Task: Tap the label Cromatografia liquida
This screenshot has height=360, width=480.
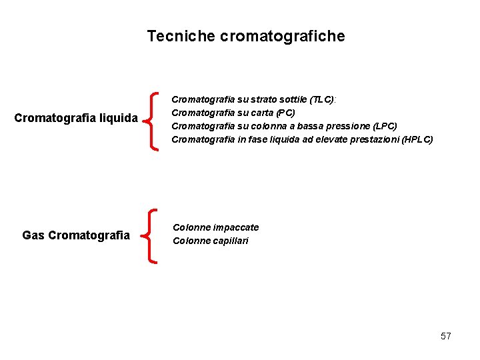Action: click(76, 119)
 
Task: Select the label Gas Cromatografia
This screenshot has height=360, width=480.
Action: click(76, 235)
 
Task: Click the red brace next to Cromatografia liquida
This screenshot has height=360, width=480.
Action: click(155, 121)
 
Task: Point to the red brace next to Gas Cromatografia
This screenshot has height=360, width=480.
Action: click(155, 235)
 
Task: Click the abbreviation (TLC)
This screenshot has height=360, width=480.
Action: click(322, 99)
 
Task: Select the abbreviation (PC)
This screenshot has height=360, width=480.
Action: click(283, 113)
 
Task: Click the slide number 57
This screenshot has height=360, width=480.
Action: click(445, 336)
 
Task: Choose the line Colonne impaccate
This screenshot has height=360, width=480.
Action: click(215, 227)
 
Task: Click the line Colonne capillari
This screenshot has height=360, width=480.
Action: click(210, 241)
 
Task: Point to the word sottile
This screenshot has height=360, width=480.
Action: click(294, 99)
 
